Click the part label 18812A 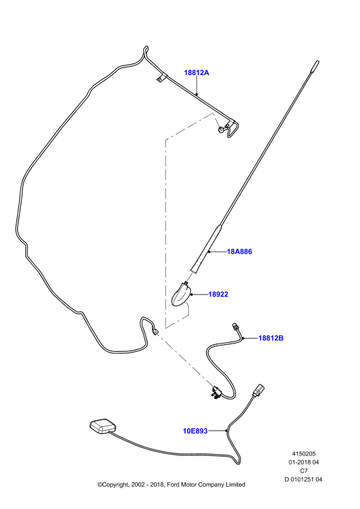197,73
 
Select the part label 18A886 239,251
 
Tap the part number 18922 218,294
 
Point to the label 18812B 271,338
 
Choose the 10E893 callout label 195,431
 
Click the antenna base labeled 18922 181,295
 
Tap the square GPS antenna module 102,426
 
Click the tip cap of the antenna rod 316,65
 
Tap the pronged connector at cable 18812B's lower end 216,392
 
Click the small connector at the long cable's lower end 155,331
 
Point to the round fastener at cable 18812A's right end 221,130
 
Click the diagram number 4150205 304,454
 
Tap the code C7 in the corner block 304,471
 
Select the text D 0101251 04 303,479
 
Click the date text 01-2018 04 304,463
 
